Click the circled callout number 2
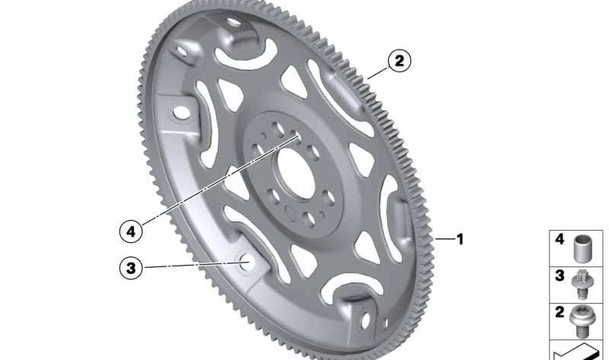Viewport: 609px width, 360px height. (399, 61)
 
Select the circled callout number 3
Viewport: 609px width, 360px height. (131, 268)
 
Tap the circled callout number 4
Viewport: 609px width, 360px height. (131, 232)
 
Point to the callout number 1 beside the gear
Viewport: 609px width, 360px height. (461, 239)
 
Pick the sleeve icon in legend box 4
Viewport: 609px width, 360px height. (582, 249)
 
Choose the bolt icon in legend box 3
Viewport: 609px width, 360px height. (582, 285)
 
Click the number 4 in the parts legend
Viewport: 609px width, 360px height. (560, 239)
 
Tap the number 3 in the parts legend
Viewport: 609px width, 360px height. (560, 276)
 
